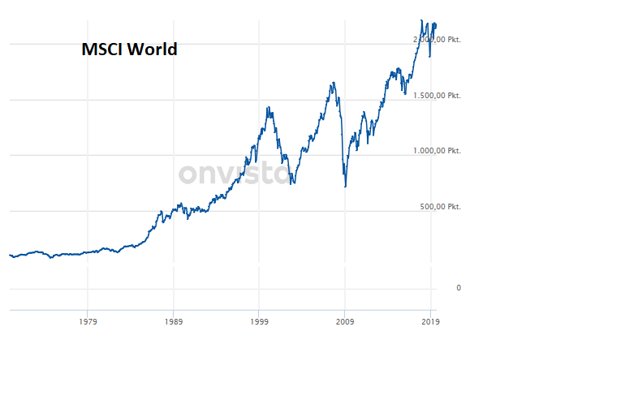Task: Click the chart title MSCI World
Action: pyautogui.click(x=129, y=49)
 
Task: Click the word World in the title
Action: pyautogui.click(x=156, y=49)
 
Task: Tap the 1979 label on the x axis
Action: pyautogui.click(x=88, y=321)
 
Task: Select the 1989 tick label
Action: pyautogui.click(x=173, y=321)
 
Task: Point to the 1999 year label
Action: pyautogui.click(x=259, y=321)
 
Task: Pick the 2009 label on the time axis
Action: pyautogui.click(x=344, y=321)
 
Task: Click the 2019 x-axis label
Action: pyautogui.click(x=430, y=321)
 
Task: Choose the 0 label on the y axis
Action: pyautogui.click(x=459, y=288)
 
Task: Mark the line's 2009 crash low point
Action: pyautogui.click(x=346, y=187)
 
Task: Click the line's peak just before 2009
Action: pyautogui.click(x=333, y=83)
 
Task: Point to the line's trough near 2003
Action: pyautogui.click(x=291, y=183)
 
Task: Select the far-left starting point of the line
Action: pyautogui.click(x=10, y=255)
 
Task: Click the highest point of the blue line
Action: pyautogui.click(x=421, y=20)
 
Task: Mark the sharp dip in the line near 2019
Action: pyautogui.click(x=429, y=56)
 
